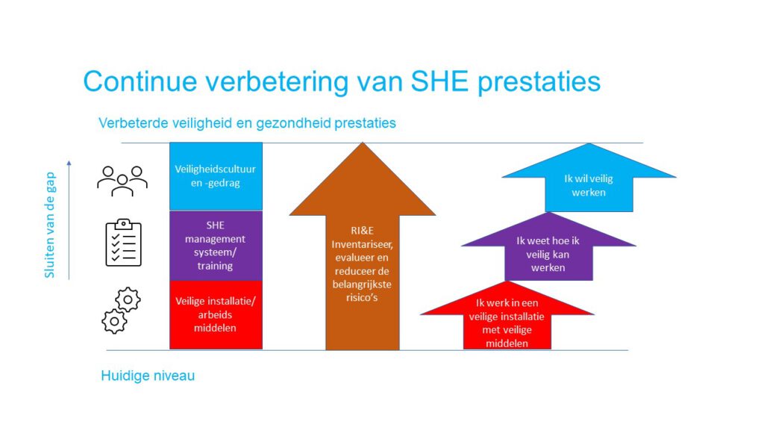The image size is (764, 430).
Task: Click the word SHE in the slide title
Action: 440,81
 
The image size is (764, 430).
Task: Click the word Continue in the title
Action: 140,81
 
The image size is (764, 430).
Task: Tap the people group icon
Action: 122,181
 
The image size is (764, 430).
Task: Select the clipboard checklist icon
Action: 124,243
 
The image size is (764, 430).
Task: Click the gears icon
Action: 122,311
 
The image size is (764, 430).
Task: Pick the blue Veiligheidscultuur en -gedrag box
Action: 216,176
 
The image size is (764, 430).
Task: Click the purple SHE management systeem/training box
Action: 216,245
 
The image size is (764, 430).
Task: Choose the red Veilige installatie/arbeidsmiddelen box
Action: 216,315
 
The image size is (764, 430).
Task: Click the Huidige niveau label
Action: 148,376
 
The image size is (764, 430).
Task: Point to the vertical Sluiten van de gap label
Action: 50,225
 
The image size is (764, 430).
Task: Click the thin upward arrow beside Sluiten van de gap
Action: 69,220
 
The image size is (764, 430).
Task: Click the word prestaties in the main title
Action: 539,82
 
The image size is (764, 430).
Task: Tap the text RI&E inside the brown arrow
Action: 362,231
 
